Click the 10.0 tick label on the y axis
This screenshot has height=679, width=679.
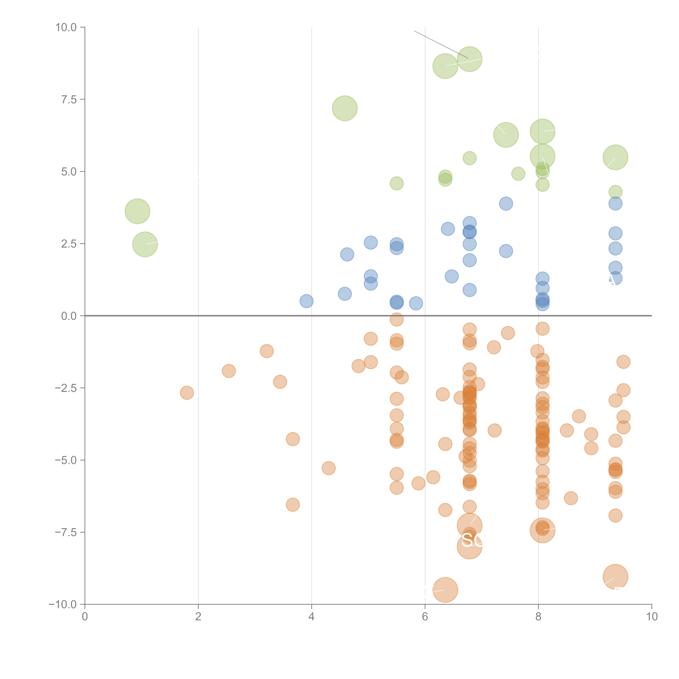point(66,27)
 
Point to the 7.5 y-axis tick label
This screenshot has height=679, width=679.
point(69,99)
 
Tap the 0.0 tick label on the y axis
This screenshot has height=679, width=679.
point(69,316)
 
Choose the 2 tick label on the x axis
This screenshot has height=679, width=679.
point(198,617)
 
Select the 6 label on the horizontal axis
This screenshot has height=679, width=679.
point(425,617)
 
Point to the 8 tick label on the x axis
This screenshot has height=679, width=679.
point(538,617)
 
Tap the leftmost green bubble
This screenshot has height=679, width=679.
point(137,211)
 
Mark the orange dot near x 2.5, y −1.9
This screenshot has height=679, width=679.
point(229,371)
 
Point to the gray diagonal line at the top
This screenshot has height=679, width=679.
point(441,44)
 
